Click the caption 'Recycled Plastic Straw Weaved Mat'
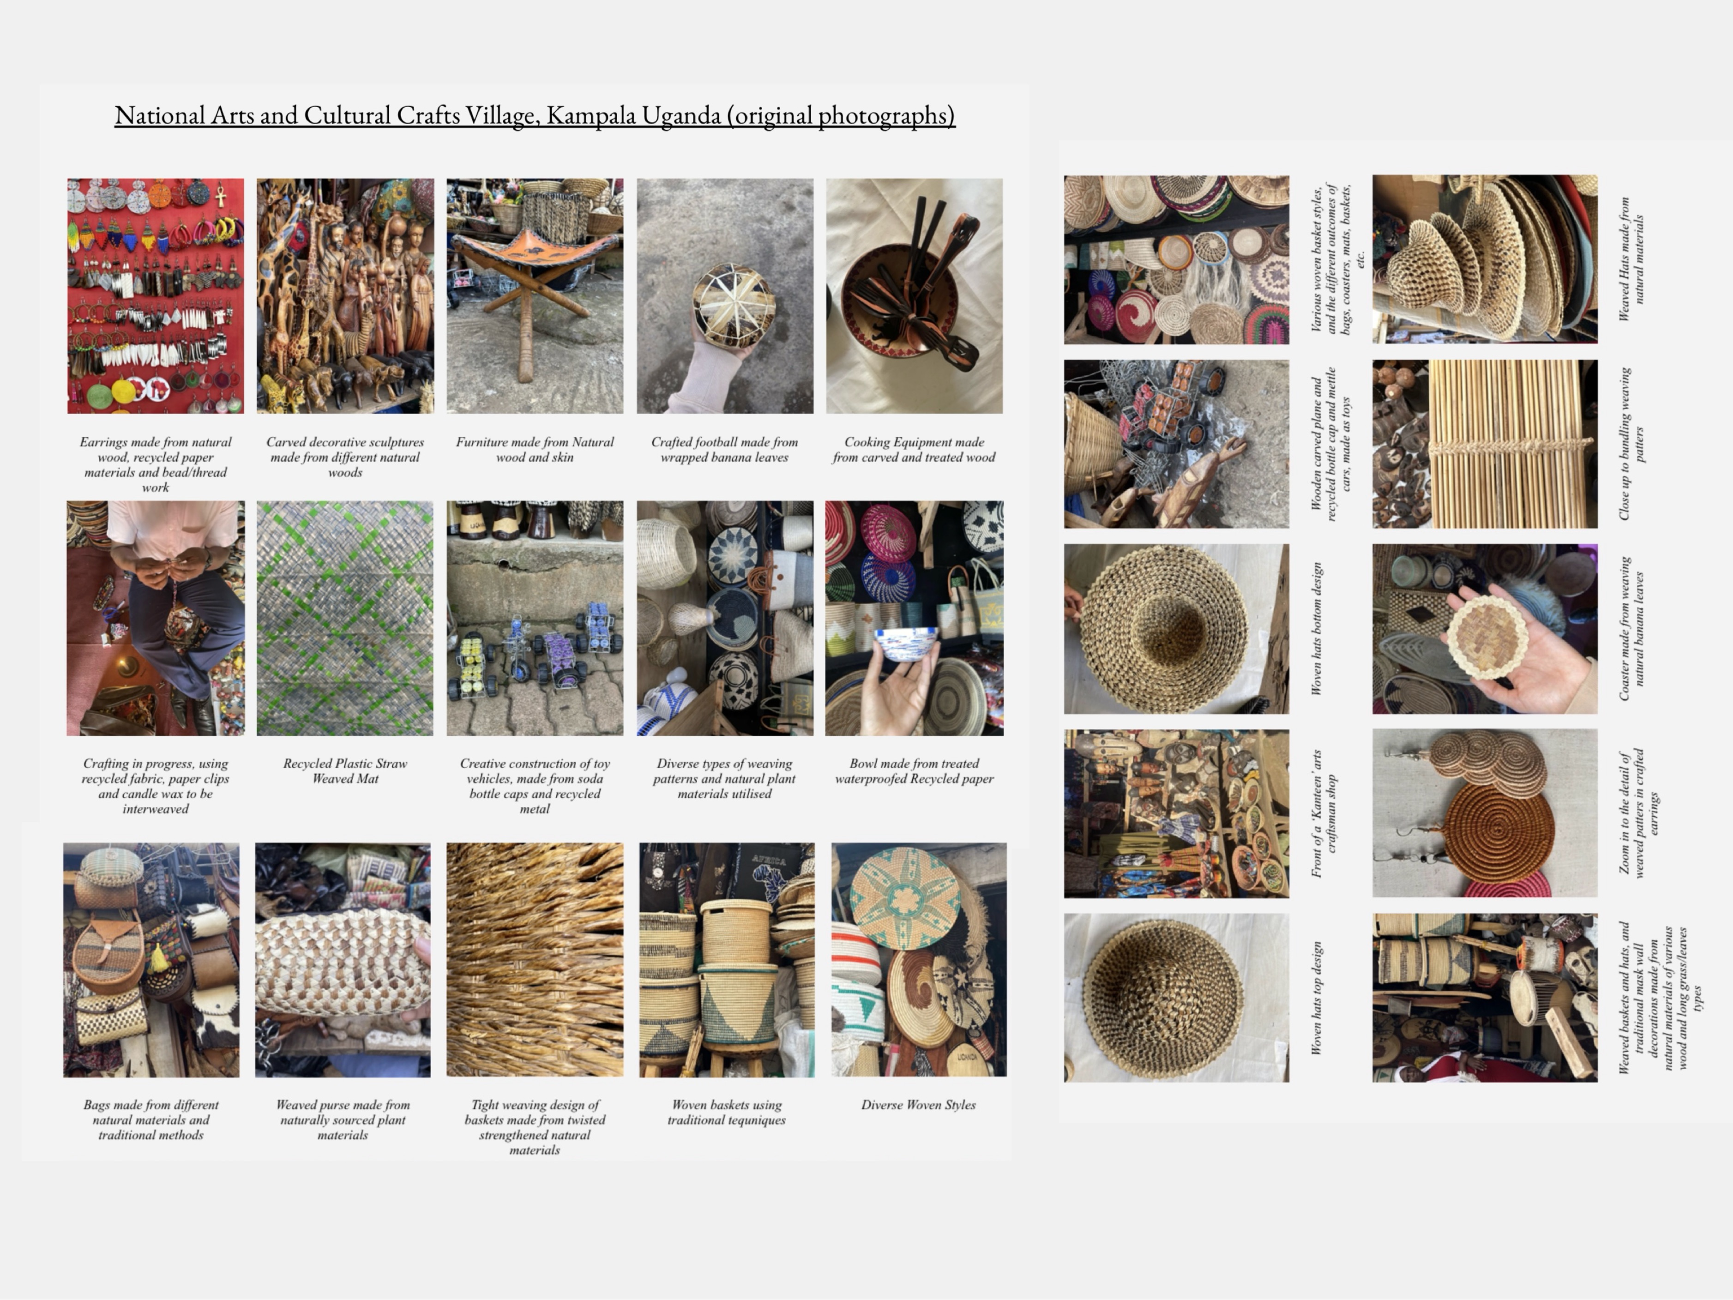coord(345,770)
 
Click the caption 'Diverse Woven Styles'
coord(918,1105)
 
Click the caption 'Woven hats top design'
coord(1317,998)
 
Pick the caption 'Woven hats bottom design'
coord(1317,628)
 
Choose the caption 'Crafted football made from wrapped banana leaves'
coord(725,449)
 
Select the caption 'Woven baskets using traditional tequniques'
coord(726,1112)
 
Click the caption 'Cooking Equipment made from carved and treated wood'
coord(914,449)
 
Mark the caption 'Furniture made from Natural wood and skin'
coord(535,449)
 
